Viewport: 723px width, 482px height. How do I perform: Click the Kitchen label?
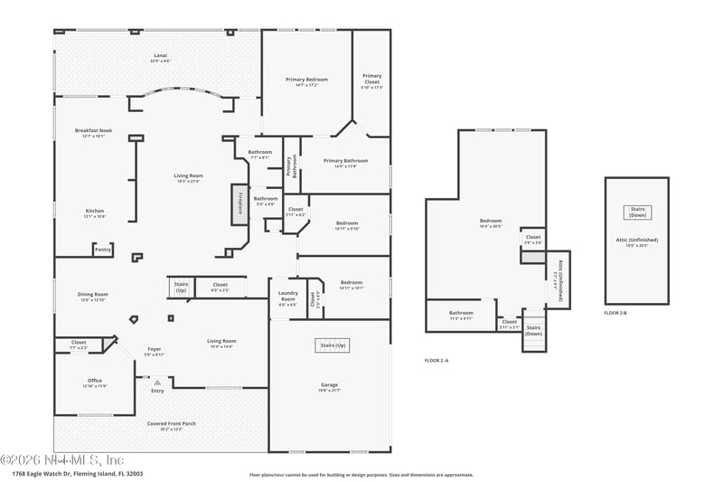click(x=95, y=213)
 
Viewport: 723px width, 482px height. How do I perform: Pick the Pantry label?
click(x=103, y=250)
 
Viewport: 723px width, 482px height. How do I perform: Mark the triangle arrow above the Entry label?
click(x=156, y=383)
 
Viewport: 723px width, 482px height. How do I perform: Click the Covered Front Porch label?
click(x=171, y=425)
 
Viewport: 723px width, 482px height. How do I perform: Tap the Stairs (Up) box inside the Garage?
click(x=332, y=345)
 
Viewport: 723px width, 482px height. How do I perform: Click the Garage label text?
click(x=329, y=386)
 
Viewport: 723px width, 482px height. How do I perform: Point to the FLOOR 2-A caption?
click(x=437, y=360)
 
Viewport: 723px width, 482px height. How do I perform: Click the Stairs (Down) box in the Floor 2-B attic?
click(x=636, y=213)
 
